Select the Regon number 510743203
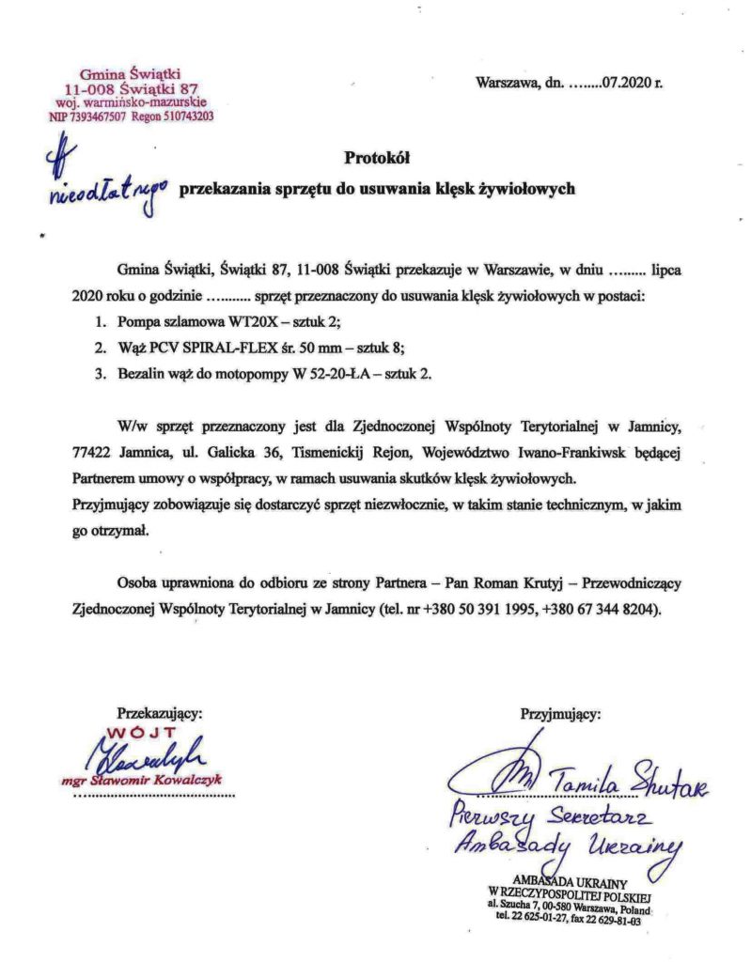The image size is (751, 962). [178, 117]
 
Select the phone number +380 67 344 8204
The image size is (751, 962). [601, 607]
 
